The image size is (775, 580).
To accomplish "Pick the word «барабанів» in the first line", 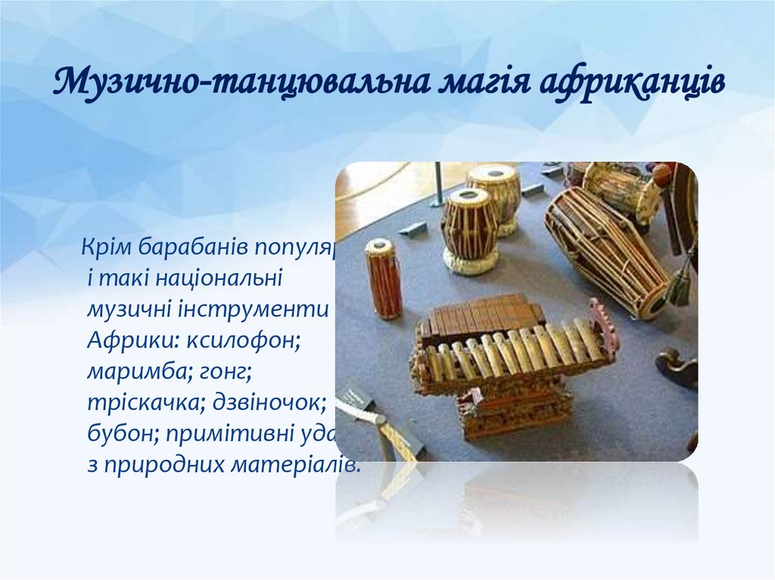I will click(188, 247).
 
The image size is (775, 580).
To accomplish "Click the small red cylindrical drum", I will click(384, 278).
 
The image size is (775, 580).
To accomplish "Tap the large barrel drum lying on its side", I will click(606, 249).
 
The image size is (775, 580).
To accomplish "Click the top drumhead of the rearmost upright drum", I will click(493, 173).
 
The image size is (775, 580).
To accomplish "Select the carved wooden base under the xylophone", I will click(515, 408).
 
